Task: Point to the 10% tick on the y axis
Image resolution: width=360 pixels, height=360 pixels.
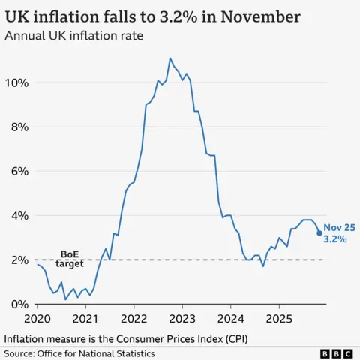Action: point(17,82)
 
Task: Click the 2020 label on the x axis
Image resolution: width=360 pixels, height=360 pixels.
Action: point(37,319)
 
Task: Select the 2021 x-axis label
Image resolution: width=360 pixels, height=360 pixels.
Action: point(85,319)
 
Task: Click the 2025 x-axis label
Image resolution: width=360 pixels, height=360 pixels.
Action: point(279,319)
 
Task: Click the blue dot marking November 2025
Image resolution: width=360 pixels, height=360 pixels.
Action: point(320,233)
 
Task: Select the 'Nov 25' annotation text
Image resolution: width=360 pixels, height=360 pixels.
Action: point(339,226)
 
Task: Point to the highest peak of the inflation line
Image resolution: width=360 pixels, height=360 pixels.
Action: point(170,58)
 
